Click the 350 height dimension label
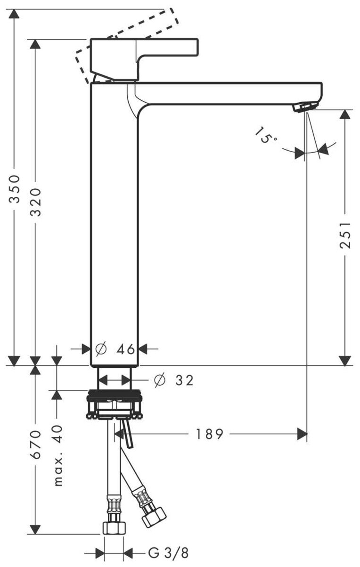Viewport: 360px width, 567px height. click(16, 188)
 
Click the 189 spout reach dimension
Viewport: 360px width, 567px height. click(209, 434)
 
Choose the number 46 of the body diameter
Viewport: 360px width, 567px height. click(126, 349)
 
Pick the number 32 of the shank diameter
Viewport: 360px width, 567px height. click(184, 380)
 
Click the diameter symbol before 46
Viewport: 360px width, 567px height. click(101, 349)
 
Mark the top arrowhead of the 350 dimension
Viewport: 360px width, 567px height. click(16, 14)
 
